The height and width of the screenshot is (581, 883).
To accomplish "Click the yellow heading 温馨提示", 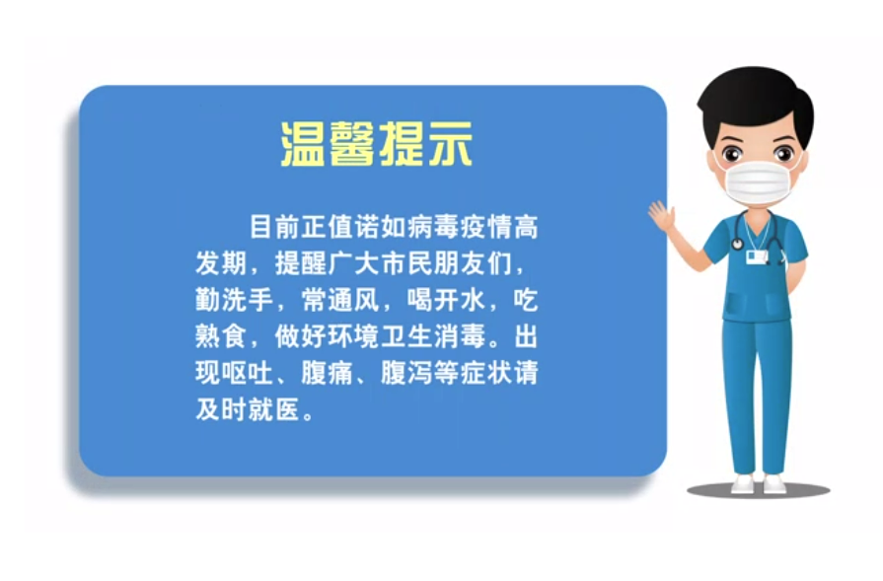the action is coord(376,144).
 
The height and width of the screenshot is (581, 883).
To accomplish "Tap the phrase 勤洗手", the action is coord(234,300).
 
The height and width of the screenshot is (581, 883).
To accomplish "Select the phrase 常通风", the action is coord(339,300).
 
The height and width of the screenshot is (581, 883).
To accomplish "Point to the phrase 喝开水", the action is coord(445,300).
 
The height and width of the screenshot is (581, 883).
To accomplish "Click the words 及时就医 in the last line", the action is coord(248,409).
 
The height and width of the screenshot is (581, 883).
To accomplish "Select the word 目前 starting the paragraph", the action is coord(274,227).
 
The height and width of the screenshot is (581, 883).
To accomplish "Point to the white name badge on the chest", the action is coord(756,257).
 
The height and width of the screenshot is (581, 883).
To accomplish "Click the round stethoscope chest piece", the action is coord(738,244).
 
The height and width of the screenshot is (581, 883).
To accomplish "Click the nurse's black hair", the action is coord(755,102).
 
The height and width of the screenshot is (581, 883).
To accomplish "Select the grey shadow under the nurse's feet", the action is coord(759,490).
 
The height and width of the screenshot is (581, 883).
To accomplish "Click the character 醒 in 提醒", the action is coord(313,263).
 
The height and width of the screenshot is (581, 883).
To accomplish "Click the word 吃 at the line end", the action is coord(526,300).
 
